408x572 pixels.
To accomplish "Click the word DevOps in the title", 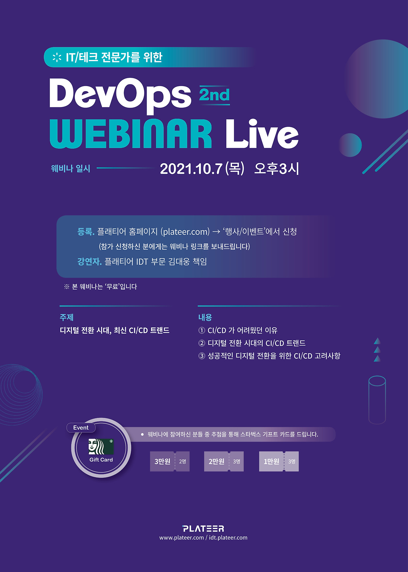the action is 120,95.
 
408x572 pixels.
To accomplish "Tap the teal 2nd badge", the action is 215,95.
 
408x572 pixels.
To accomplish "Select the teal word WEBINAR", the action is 131,134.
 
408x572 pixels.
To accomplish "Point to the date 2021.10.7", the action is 191,169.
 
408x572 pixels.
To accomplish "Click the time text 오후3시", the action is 276,169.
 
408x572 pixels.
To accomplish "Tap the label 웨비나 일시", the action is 70,168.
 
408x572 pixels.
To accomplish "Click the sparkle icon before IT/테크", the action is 57,57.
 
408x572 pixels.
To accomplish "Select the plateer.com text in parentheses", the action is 186,231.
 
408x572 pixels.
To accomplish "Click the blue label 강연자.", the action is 89,262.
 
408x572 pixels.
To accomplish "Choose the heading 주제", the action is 67,317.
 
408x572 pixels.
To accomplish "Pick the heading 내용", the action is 205,317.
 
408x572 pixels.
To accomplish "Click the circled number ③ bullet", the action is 202,356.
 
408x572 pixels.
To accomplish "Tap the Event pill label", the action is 81,428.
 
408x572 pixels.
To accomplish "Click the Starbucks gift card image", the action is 101,446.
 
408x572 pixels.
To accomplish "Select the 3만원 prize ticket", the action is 170,461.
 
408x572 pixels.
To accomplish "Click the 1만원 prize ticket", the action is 279,461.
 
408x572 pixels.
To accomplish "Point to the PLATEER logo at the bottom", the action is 203,529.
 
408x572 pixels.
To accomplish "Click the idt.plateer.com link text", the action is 228,538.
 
